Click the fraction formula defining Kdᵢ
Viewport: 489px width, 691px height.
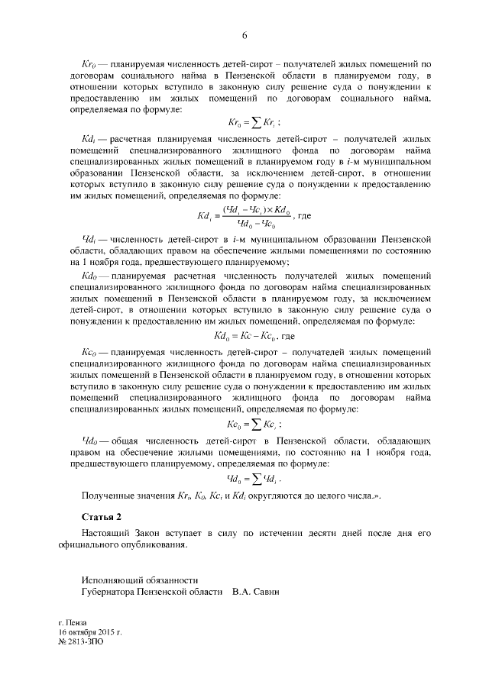pos(254,216)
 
